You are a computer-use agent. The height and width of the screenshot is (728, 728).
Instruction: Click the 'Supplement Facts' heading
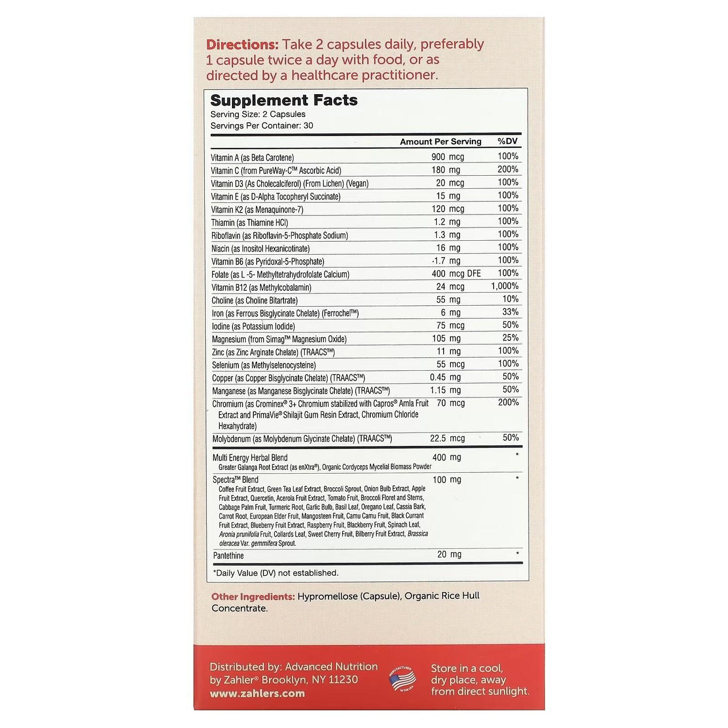[284, 100]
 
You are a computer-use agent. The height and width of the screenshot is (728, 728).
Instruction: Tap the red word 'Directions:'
[242, 45]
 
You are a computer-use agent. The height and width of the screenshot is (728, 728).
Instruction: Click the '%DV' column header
[508, 141]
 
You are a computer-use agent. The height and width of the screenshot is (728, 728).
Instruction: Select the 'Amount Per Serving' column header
[440, 142]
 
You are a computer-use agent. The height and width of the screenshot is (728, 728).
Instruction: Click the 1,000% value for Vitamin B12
[504, 286]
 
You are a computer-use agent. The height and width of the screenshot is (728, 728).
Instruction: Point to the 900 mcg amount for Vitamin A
[447, 157]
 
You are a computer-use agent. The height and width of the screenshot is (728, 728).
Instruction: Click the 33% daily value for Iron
[510, 312]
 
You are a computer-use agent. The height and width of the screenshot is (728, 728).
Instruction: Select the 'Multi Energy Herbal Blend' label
[250, 458]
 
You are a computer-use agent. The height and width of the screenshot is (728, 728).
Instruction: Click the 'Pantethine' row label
[228, 556]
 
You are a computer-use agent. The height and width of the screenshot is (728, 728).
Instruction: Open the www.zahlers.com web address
[257, 694]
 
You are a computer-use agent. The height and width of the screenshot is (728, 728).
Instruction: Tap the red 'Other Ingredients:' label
[253, 596]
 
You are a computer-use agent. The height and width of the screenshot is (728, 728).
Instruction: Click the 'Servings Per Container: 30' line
[262, 126]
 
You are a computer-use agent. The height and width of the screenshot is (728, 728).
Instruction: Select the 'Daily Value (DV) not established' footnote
[276, 573]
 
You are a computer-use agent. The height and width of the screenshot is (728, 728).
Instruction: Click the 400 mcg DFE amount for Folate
[456, 274]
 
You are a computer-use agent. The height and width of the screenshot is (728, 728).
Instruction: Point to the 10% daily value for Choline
[510, 299]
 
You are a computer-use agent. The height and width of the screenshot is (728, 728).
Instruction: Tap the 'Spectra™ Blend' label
[235, 480]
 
